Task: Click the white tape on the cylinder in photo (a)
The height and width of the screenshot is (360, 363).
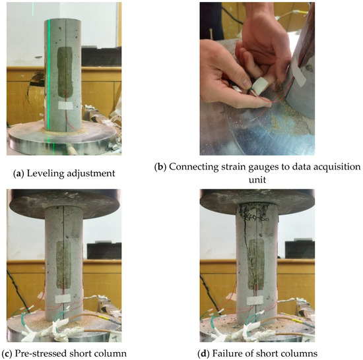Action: [65, 105]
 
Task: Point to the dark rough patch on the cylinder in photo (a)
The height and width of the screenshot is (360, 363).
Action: [65, 72]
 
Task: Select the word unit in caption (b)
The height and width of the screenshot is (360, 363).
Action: [257, 179]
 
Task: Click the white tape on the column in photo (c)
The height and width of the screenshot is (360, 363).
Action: [63, 299]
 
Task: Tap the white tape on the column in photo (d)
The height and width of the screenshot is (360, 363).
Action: [255, 301]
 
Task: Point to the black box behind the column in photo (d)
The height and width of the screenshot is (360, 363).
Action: [300, 250]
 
